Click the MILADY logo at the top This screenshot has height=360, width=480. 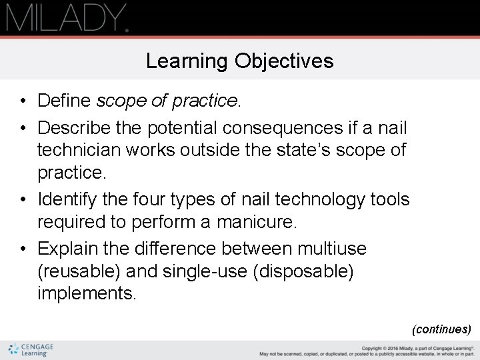[67, 17]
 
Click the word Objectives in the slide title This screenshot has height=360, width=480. [284, 61]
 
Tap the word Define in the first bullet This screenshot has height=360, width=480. [65, 101]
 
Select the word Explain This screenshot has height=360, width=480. [68, 249]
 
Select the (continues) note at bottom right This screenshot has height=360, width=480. [441, 329]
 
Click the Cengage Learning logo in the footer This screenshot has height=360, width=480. [31, 350]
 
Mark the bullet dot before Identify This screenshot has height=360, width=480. [23, 200]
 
